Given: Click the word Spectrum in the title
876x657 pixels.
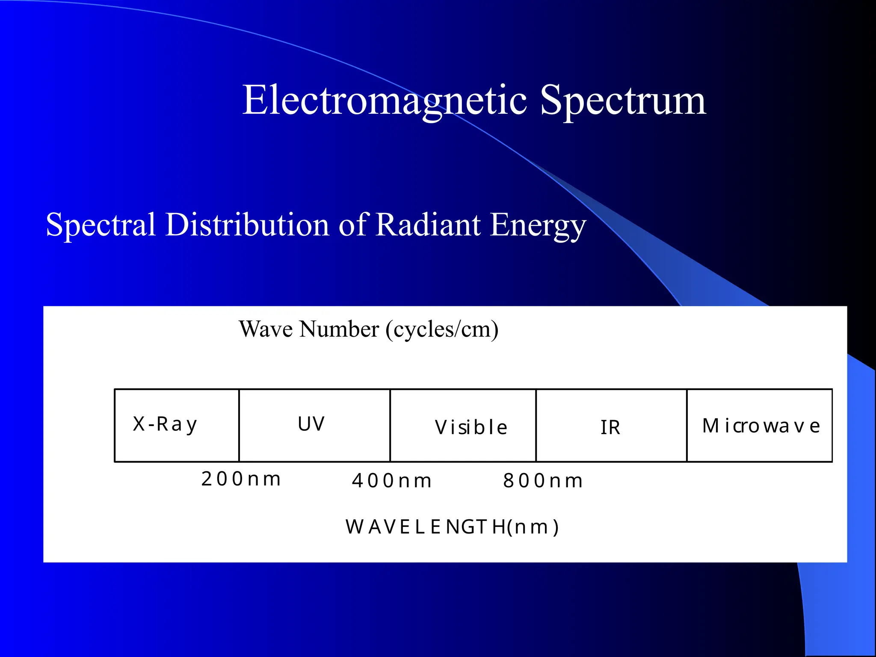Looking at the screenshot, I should [622, 101].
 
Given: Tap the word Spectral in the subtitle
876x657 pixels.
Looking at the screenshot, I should [101, 225].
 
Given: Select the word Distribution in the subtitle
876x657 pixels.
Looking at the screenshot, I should [247, 225].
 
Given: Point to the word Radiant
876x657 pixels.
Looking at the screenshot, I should [428, 225].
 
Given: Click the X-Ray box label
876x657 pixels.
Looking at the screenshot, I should [165, 424].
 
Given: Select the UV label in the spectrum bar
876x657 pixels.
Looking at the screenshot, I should [311, 424].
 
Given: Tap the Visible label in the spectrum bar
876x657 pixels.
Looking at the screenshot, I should [471, 427].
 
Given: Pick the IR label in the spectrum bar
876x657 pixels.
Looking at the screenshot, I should [610, 427].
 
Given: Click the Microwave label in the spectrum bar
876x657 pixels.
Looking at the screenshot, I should [761, 426].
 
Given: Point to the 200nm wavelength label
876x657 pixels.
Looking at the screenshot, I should [241, 479].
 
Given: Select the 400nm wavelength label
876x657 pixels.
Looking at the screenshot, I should [391, 480].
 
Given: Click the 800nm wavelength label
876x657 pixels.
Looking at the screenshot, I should [542, 480].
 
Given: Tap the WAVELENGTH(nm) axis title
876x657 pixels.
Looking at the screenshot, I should [452, 527].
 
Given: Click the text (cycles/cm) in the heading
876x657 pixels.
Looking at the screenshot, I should [442, 329].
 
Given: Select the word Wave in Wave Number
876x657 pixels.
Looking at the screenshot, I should [266, 329].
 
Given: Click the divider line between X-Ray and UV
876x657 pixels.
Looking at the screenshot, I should [239, 426].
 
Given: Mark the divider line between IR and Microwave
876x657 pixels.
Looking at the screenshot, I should [687, 426].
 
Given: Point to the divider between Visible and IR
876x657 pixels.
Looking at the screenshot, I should [536, 426].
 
